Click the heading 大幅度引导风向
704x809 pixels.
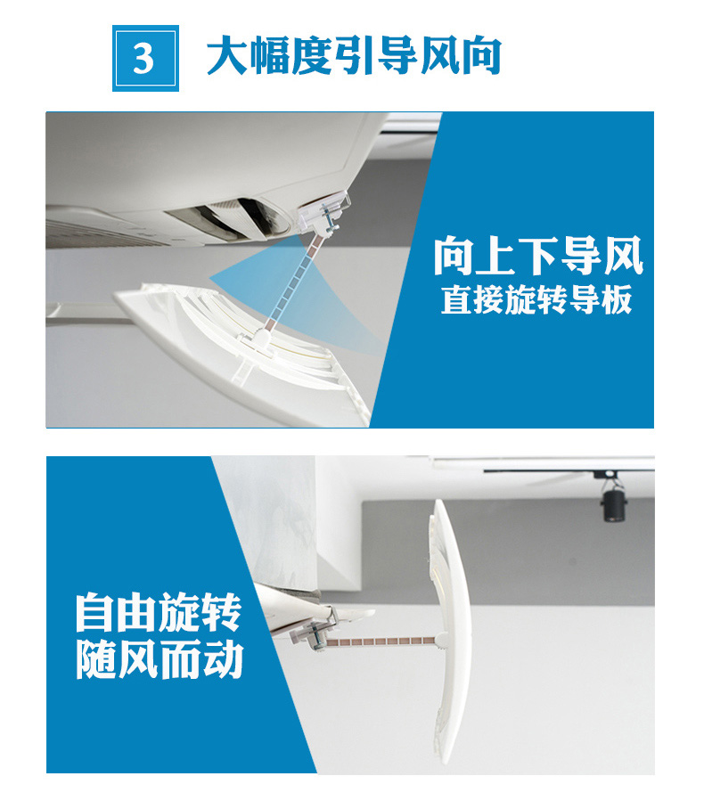tap(354, 55)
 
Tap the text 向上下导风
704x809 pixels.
tap(538, 256)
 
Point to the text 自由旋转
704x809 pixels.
tap(158, 615)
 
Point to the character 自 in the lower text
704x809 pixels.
tap(95, 615)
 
